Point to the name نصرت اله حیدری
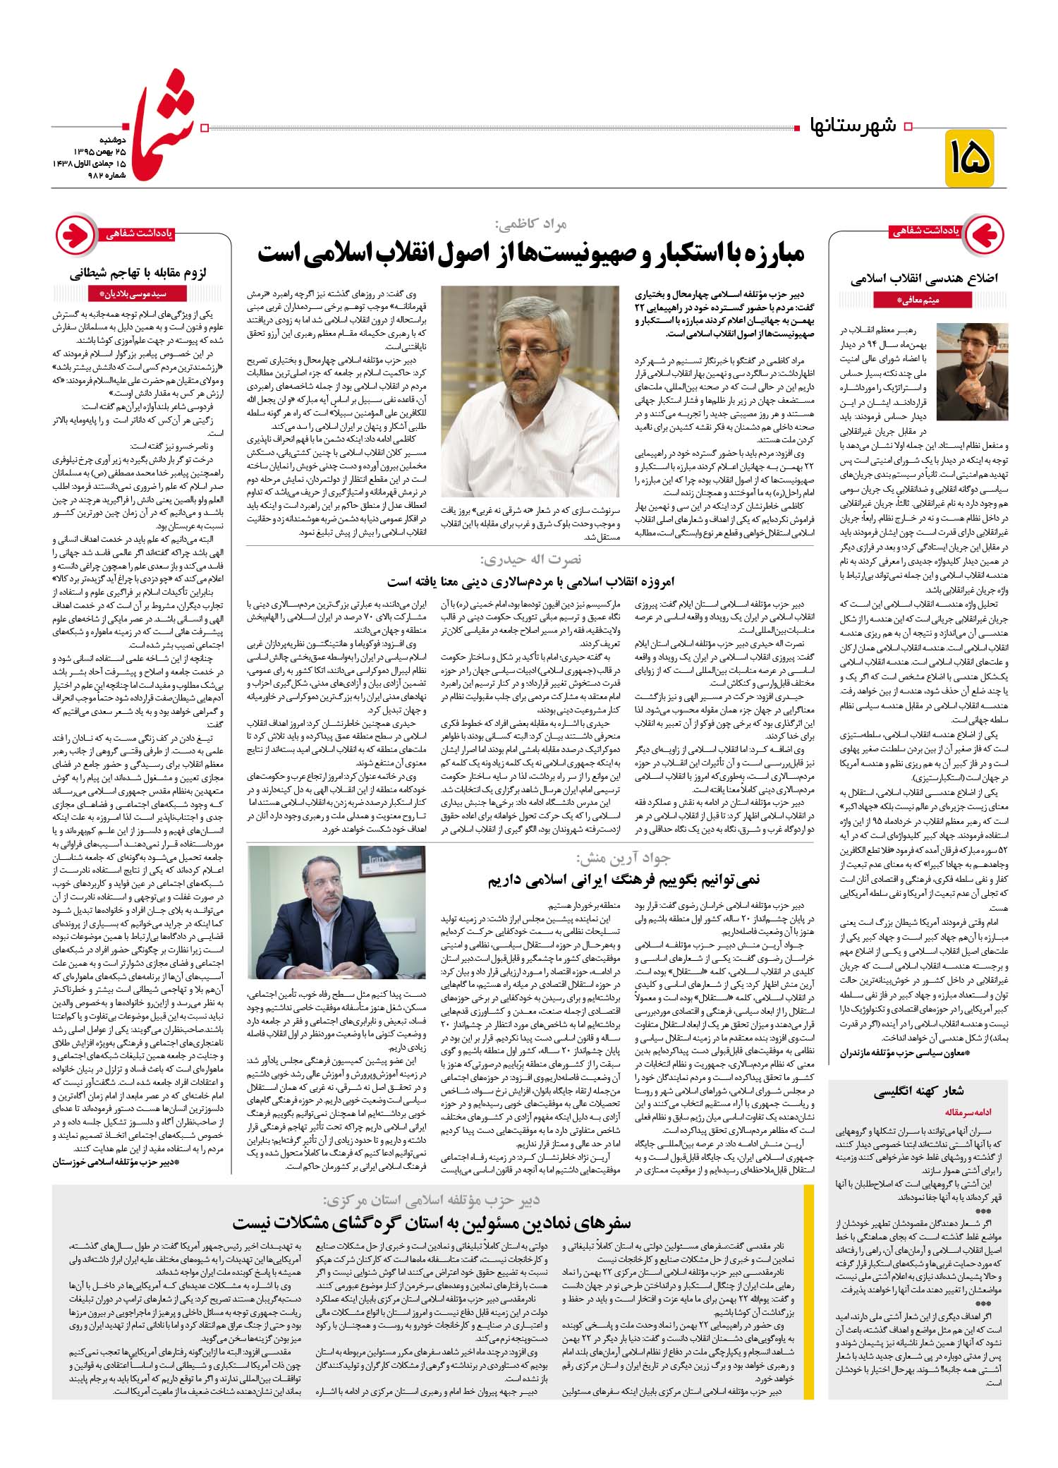pyautogui.click(x=530, y=559)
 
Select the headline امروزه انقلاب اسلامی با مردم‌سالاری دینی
pyautogui.click(x=530, y=581)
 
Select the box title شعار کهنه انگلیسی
pyautogui.click(x=918, y=1092)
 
